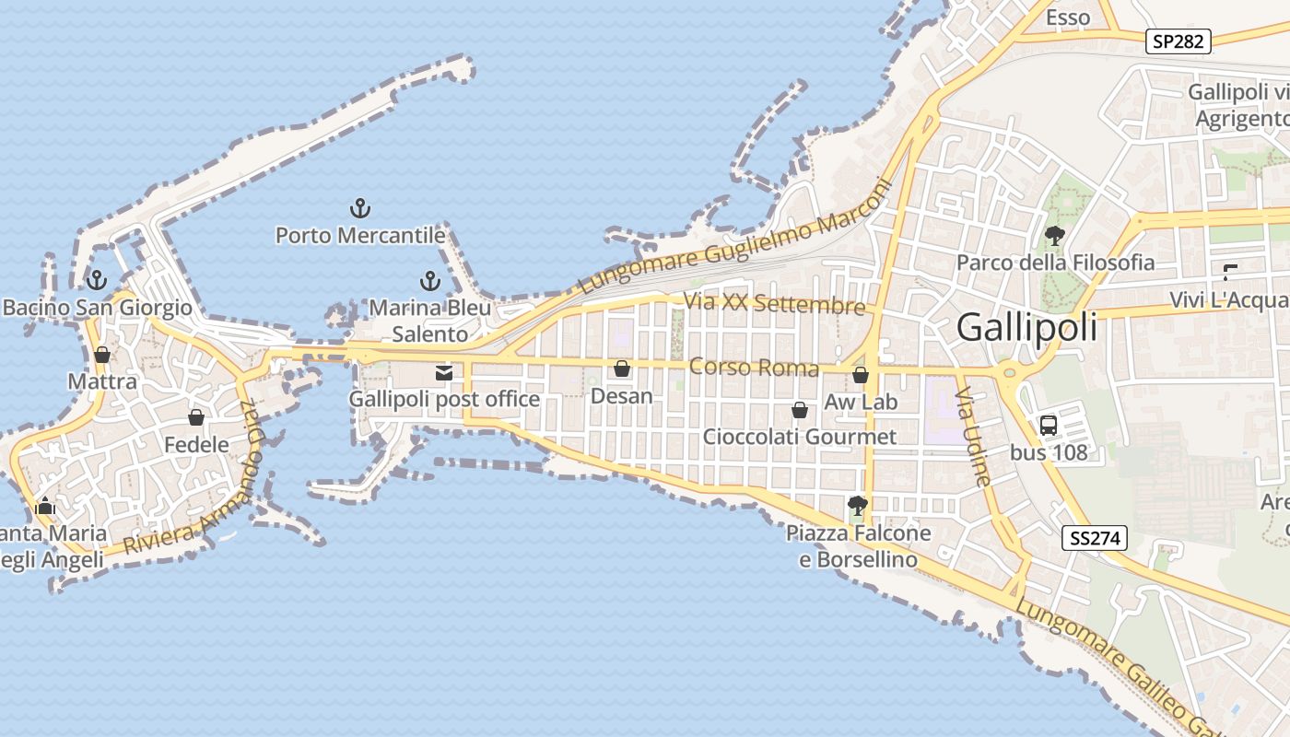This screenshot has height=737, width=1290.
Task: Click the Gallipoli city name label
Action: coord(1027,328)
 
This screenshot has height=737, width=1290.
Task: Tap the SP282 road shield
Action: coord(1179,41)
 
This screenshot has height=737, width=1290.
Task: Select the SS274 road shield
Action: coord(1095,539)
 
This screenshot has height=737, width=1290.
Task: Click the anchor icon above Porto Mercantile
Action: coord(360,208)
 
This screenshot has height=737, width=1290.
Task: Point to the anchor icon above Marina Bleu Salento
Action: coord(429,281)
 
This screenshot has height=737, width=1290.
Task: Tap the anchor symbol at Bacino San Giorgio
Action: coord(96,280)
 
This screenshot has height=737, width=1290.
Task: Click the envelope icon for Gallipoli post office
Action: coord(444,373)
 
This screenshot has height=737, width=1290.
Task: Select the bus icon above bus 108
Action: coord(1049,426)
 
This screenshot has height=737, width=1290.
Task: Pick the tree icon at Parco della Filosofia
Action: coord(1055,236)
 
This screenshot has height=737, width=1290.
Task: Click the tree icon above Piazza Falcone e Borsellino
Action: coord(858,506)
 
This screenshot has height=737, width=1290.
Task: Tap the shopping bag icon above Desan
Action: coord(622,369)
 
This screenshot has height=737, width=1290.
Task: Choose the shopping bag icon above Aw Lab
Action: coord(861,375)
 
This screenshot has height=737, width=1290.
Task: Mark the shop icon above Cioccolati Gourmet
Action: coord(800,410)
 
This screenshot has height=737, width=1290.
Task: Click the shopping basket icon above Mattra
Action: coord(102,355)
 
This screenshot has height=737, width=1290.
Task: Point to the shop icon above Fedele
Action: coord(196,418)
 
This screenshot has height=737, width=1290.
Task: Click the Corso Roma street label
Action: coord(754,368)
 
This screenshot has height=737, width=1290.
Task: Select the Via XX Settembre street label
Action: coord(774,304)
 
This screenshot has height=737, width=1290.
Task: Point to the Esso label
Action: coord(1068,18)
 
